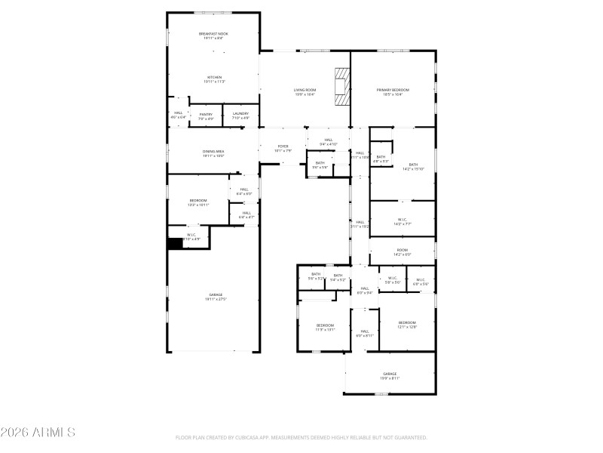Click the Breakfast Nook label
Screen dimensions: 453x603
213,35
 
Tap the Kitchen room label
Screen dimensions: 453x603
214,79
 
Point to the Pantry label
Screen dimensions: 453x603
206,116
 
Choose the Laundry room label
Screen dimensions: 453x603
240,116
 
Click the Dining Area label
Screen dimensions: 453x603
213,153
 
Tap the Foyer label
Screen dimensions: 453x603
283,148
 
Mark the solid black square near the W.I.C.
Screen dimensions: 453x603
175,244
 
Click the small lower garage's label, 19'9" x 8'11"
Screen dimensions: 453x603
390,376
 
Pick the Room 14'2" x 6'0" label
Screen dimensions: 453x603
403,252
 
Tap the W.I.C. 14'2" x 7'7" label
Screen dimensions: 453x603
403,222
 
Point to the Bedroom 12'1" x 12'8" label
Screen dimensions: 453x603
407,325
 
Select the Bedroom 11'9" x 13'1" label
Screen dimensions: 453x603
325,327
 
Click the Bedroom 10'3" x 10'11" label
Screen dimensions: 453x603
197,202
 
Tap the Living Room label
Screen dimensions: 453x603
305,92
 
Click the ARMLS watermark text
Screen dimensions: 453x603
38,433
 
